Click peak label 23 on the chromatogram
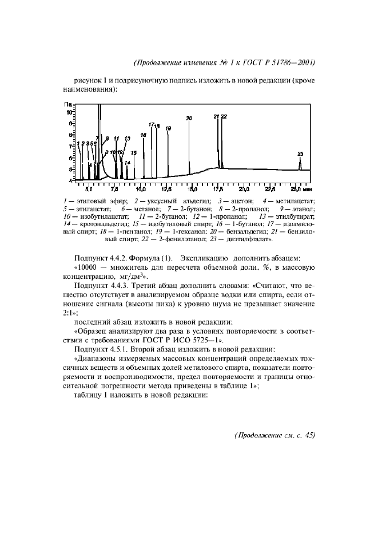click(x=300, y=153)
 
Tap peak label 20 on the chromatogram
click(x=189, y=118)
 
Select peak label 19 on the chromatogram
click(x=168, y=128)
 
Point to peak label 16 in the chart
click(x=143, y=135)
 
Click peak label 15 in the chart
click(x=133, y=153)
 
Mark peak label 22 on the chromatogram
click(x=224, y=116)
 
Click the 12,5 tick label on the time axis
click(x=167, y=188)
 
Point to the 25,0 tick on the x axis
click(x=295, y=188)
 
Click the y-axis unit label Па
click(x=68, y=105)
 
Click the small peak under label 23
click(x=300, y=164)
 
